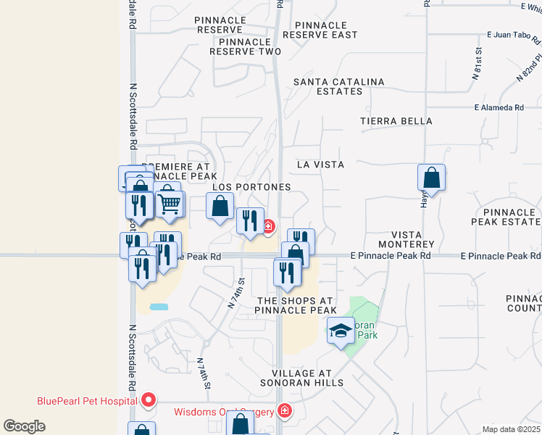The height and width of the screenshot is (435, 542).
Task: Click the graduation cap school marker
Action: (341, 331)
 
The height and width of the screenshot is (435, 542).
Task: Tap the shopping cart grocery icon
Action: (169, 204)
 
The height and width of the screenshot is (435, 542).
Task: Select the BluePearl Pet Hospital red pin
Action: (149, 399)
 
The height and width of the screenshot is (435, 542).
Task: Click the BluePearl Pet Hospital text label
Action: (88, 401)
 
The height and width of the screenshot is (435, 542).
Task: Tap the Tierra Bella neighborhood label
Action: (396, 121)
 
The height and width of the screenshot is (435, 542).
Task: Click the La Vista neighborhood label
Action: (320, 165)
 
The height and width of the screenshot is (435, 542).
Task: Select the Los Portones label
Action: (251, 187)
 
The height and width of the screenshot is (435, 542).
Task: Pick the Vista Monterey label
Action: (412, 240)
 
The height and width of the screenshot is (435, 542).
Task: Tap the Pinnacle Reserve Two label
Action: (245, 46)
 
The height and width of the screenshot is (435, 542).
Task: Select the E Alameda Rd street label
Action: (499, 108)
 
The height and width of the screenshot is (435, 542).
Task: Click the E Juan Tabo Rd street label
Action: (512, 34)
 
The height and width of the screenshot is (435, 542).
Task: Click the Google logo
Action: (24, 426)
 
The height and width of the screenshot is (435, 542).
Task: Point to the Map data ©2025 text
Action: (511, 429)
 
